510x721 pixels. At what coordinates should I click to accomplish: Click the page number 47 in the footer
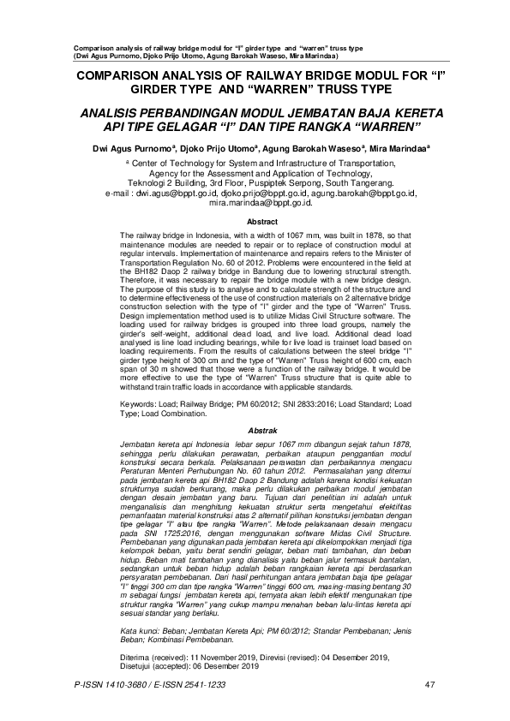tap(430, 684)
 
